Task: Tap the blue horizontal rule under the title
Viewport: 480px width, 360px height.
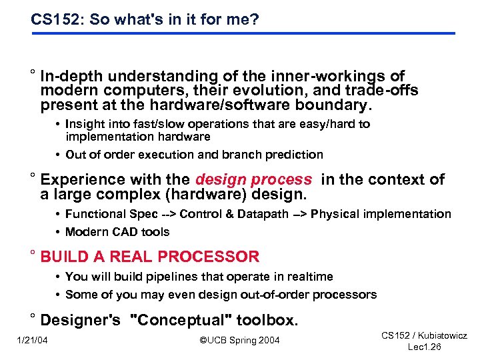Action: click(x=243, y=33)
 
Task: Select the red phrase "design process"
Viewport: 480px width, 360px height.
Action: click(x=253, y=179)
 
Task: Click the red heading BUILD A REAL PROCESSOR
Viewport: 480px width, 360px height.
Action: click(x=150, y=257)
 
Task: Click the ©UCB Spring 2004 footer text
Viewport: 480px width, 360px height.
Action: click(x=240, y=341)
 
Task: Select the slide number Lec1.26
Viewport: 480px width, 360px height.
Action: click(x=424, y=348)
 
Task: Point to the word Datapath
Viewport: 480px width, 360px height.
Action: click(x=263, y=214)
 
